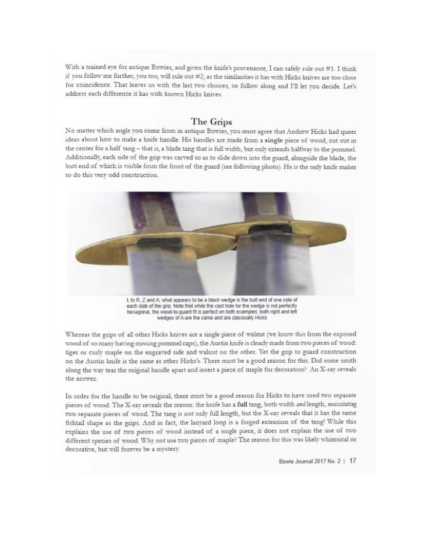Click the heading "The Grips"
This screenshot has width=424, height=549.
(x=212, y=122)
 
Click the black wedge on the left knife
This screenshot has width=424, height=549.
(x=154, y=242)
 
